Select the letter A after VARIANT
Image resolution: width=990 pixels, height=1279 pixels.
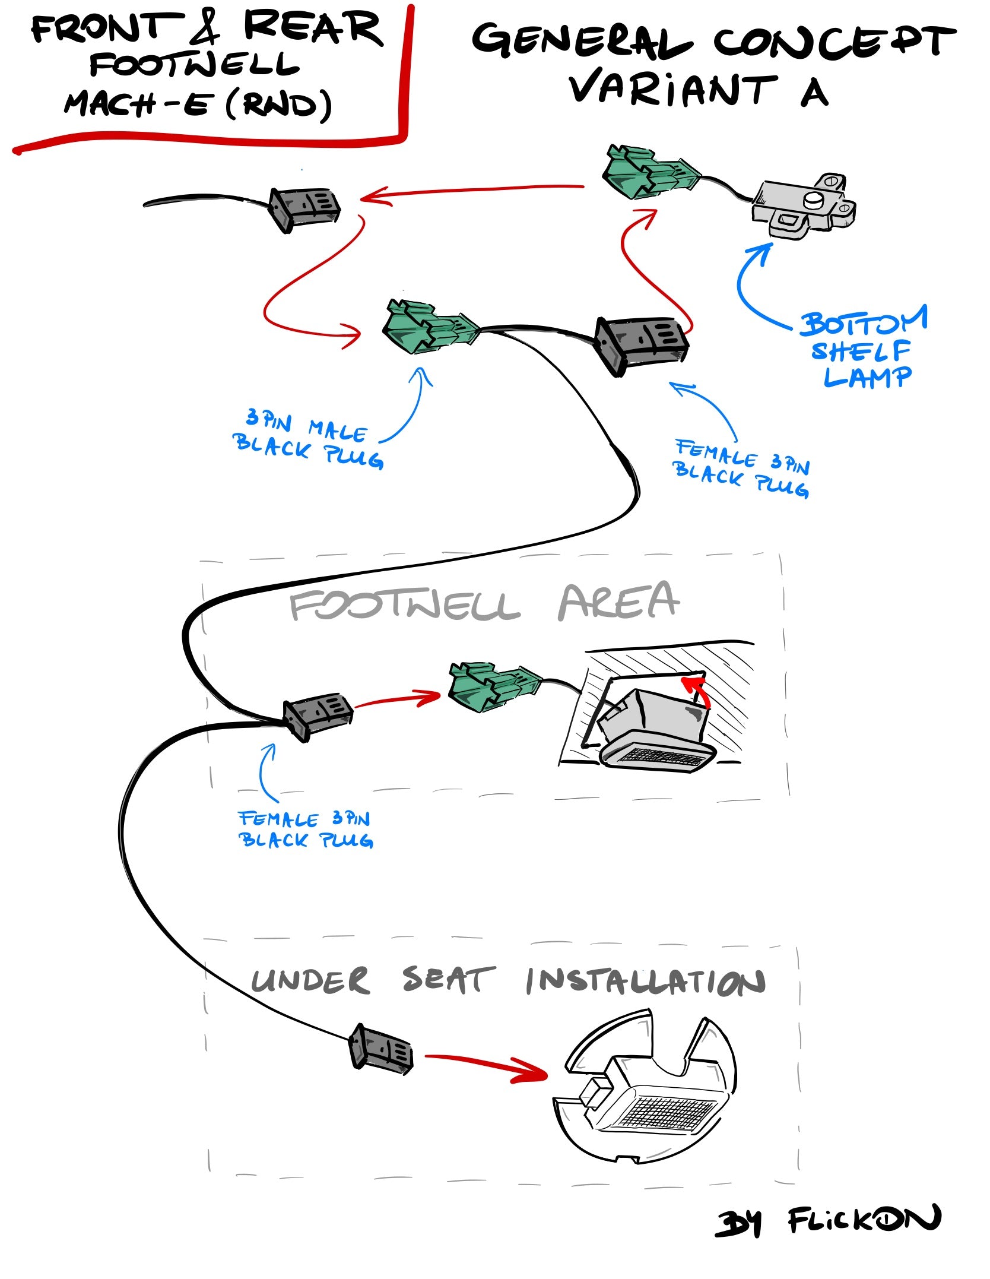click(814, 92)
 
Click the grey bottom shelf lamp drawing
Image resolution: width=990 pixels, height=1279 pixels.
click(805, 205)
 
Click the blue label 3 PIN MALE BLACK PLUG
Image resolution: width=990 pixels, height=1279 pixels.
click(307, 441)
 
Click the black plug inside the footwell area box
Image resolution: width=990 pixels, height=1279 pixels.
click(318, 716)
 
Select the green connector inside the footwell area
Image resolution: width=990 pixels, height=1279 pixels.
click(494, 687)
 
